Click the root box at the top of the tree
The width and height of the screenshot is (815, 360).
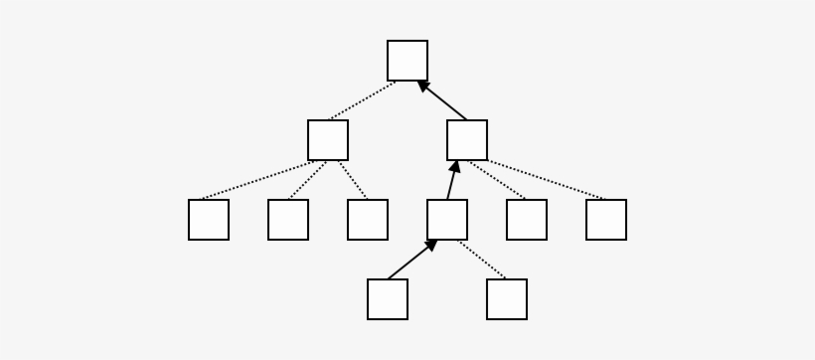coord(407,61)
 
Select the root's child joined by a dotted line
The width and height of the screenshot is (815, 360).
coord(328,140)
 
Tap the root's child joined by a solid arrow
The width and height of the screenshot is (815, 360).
coord(467,140)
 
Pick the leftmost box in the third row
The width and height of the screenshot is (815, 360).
coord(209,220)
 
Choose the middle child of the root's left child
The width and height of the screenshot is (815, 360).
coord(288,220)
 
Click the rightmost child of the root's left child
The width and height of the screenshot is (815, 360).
coord(368,220)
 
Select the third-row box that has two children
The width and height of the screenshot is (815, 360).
coord(447,220)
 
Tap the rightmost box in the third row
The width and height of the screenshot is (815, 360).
coord(606,220)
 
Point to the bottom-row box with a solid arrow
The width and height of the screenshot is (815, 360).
coord(388,299)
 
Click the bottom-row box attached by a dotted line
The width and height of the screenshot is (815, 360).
coord(507,299)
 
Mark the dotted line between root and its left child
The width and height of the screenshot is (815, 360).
coord(363,100)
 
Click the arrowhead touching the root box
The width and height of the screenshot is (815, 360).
coord(423,86)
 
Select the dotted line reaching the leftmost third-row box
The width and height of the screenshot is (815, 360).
coord(258,180)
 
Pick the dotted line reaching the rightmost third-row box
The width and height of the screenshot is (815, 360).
coord(547,180)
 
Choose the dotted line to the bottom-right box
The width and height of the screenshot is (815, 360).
coord(482,260)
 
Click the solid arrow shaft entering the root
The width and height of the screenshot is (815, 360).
coord(445,102)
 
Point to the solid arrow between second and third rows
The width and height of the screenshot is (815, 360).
coord(451,183)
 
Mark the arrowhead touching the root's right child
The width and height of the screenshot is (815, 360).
coord(455,166)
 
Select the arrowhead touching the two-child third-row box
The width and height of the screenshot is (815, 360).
coord(431,245)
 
